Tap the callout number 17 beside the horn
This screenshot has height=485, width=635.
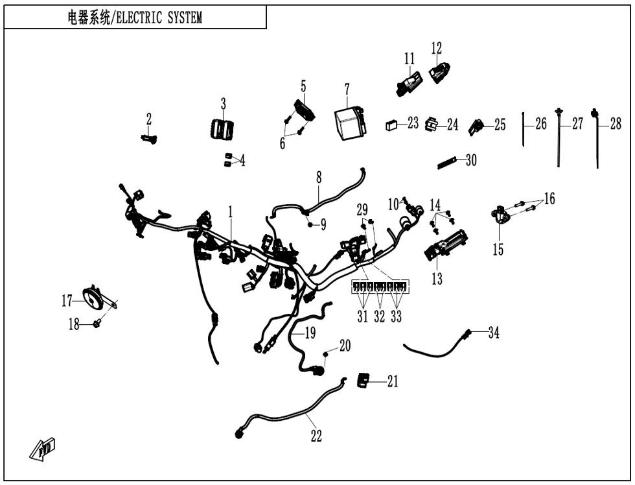click(x=67, y=301)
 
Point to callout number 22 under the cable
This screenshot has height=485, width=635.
click(x=316, y=436)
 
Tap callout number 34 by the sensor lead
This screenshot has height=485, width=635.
click(x=494, y=334)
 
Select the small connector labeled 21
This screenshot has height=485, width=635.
click(x=365, y=380)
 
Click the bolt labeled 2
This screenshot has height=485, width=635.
click(x=149, y=137)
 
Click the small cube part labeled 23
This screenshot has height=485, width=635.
click(x=391, y=124)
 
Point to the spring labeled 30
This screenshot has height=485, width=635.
click(x=446, y=161)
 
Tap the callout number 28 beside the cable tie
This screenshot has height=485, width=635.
click(x=616, y=124)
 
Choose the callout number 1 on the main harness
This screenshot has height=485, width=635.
click(x=229, y=211)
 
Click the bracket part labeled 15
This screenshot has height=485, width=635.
click(x=500, y=215)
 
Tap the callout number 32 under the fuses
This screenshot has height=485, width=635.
click(x=380, y=316)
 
